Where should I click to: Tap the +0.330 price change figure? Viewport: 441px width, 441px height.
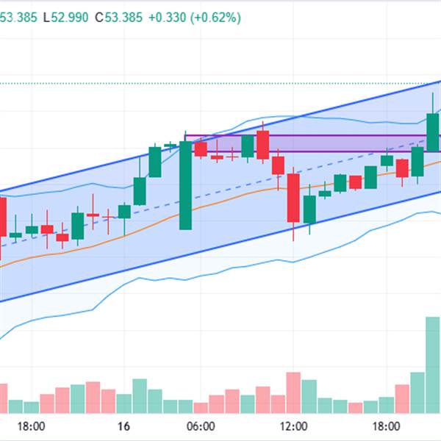click(166, 18)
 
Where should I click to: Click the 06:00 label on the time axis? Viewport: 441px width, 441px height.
click(201, 426)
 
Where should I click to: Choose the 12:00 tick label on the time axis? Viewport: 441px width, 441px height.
click(294, 426)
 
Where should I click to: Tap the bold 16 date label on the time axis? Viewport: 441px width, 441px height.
click(123, 426)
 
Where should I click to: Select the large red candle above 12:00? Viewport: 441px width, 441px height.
click(293, 198)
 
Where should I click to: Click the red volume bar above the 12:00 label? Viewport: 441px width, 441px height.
click(293, 394)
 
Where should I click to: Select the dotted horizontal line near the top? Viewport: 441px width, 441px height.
click(220, 84)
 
